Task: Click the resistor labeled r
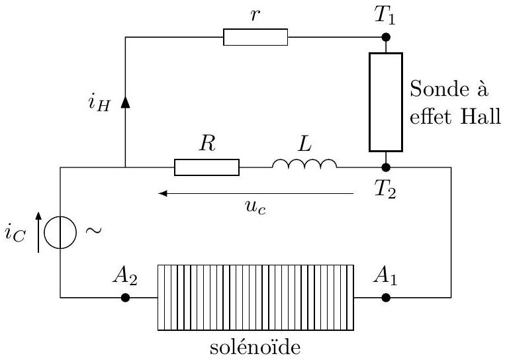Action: (x=255, y=37)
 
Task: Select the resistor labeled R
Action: (x=207, y=167)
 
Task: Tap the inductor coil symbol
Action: (x=304, y=163)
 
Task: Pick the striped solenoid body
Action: (x=255, y=298)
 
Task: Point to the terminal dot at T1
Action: (x=386, y=37)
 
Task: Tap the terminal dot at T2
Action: (x=386, y=167)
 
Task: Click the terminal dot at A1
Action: (x=386, y=298)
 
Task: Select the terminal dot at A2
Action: (x=125, y=298)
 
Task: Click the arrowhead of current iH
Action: (x=125, y=103)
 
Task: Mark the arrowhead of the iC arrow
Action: (x=38, y=216)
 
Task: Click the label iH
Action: (x=99, y=103)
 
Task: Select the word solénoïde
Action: (x=255, y=347)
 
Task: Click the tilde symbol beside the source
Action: (x=93, y=230)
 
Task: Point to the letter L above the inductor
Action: (x=304, y=144)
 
